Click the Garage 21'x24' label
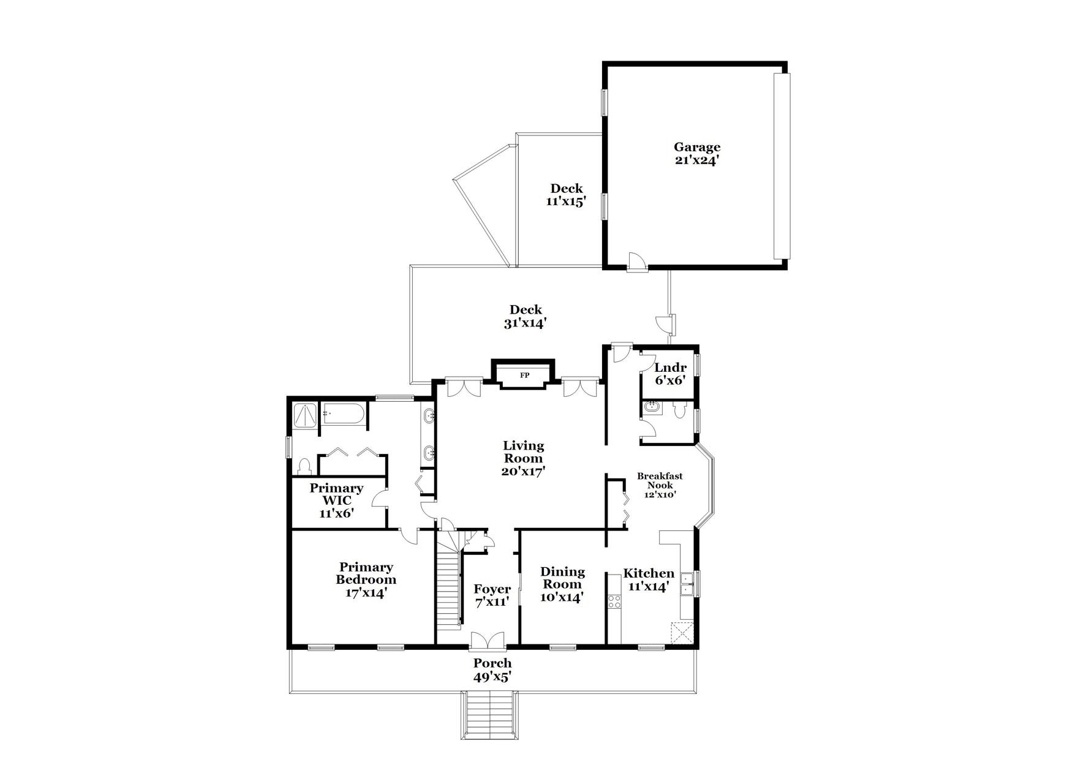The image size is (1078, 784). click(x=697, y=154)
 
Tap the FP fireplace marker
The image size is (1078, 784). click(x=524, y=375)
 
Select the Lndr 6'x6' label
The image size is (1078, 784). click(x=670, y=374)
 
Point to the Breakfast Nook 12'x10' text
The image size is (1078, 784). click(x=659, y=485)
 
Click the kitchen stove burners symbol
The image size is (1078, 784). click(x=614, y=600)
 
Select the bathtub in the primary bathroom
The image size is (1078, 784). click(x=344, y=415)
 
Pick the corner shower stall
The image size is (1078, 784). click(x=304, y=416)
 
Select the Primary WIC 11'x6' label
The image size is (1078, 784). click(x=336, y=500)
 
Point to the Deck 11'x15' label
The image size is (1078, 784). click(x=566, y=194)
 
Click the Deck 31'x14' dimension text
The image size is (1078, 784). click(x=525, y=323)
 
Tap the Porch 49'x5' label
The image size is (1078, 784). click(x=492, y=670)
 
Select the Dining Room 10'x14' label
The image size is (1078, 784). click(x=562, y=584)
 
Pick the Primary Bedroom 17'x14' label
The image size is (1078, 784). click(x=366, y=579)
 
